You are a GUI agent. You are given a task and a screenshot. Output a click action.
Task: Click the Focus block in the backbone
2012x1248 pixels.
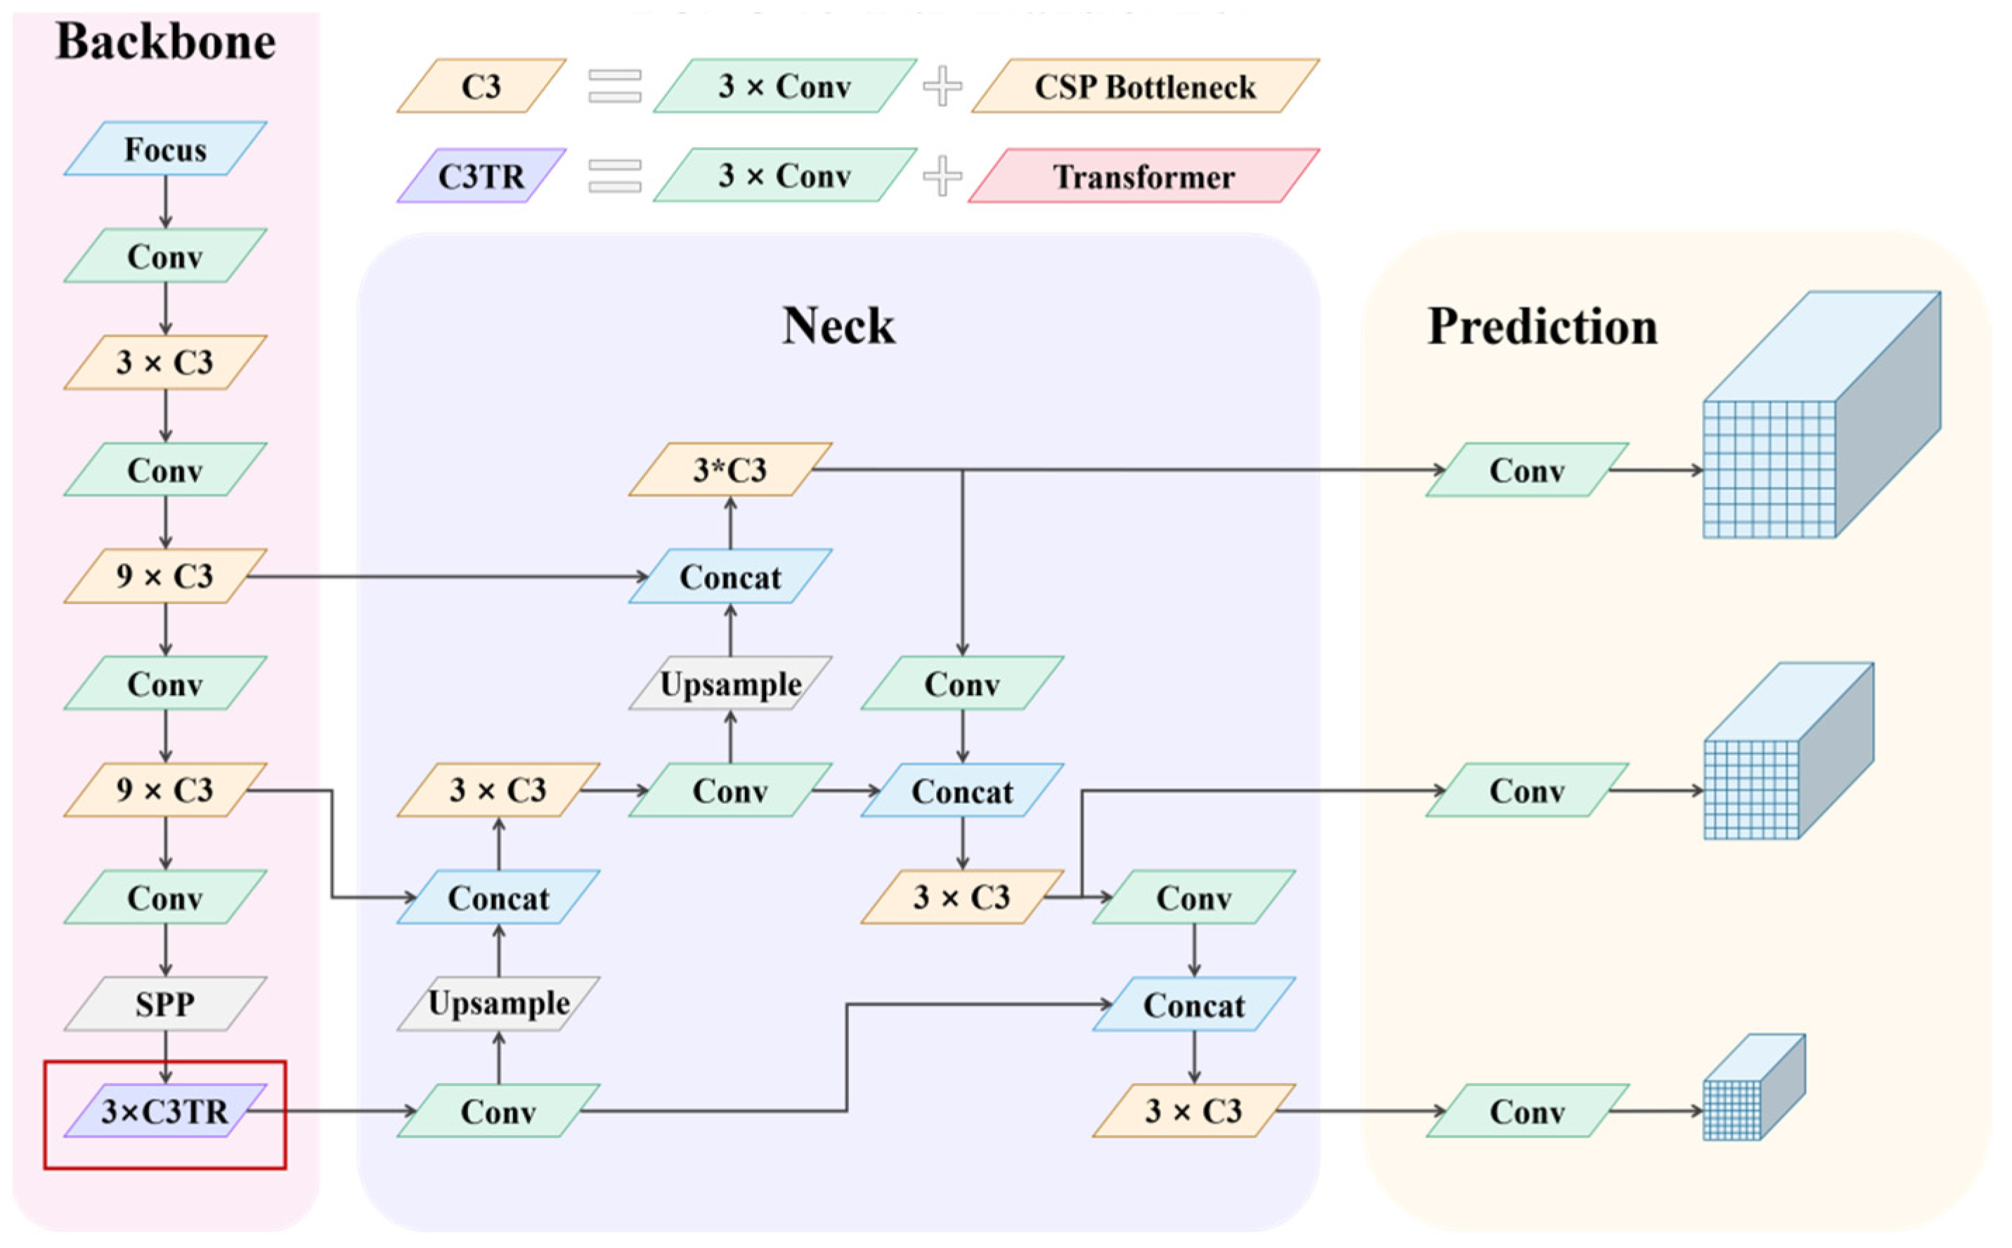[x=165, y=150]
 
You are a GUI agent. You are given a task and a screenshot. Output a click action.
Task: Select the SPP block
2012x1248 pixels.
[x=165, y=1003]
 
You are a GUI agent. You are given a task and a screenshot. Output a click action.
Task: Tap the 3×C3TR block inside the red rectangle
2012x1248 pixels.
[x=165, y=1111]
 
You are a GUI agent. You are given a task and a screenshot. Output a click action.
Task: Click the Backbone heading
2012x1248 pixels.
[x=165, y=41]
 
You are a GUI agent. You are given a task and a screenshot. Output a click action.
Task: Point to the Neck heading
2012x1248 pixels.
[x=838, y=325]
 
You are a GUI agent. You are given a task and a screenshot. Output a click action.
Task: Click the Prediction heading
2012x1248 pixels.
[x=1542, y=327]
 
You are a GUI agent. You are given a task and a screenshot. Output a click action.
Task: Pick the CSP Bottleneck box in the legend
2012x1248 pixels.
[x=1145, y=86]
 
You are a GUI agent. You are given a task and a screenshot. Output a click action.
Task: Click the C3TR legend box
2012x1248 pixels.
[x=481, y=176]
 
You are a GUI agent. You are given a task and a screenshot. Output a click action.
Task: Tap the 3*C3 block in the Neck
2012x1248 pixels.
[x=729, y=469]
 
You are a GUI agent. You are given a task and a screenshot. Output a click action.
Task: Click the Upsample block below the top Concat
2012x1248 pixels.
[x=729, y=684]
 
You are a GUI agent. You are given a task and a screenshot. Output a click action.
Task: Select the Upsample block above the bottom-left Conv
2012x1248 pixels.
[x=498, y=1003]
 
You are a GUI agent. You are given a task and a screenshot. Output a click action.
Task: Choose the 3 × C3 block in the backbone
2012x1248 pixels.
[x=165, y=363]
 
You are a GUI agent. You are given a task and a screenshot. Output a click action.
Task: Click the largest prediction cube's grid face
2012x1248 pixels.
[x=1769, y=469]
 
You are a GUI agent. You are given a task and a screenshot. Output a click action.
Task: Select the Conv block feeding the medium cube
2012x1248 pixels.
[x=1526, y=791]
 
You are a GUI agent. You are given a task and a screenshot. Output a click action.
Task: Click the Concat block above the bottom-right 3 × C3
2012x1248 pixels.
[x=1193, y=1004]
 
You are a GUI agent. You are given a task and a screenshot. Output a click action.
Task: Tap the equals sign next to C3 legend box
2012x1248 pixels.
[x=615, y=86]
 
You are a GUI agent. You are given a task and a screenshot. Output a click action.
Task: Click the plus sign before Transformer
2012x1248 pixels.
[x=942, y=176]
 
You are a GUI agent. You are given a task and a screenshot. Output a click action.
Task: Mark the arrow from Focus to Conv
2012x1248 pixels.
[x=165, y=202]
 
